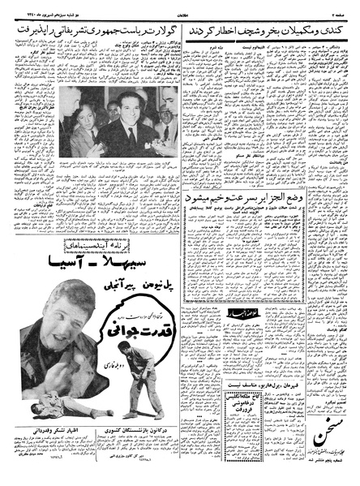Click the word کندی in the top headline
point(341,32)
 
